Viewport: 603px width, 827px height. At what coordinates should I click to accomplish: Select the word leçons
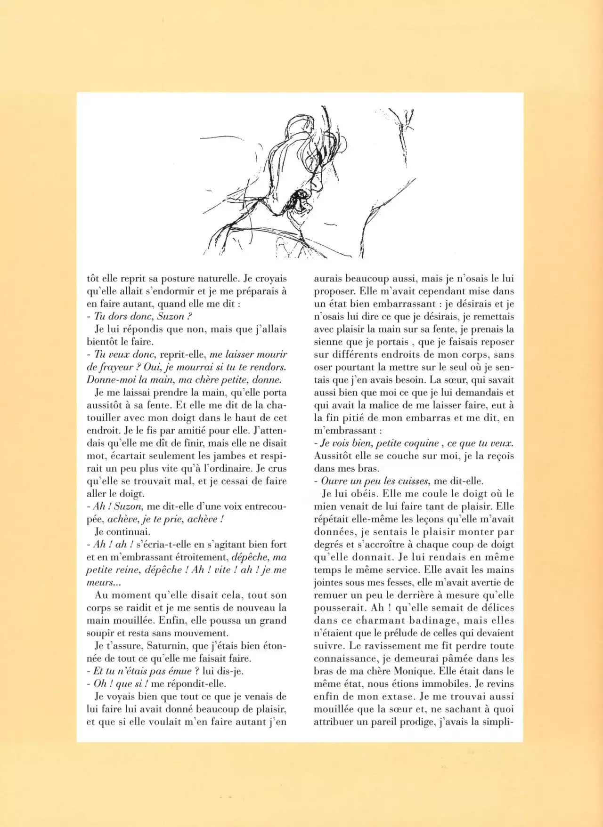(421, 519)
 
